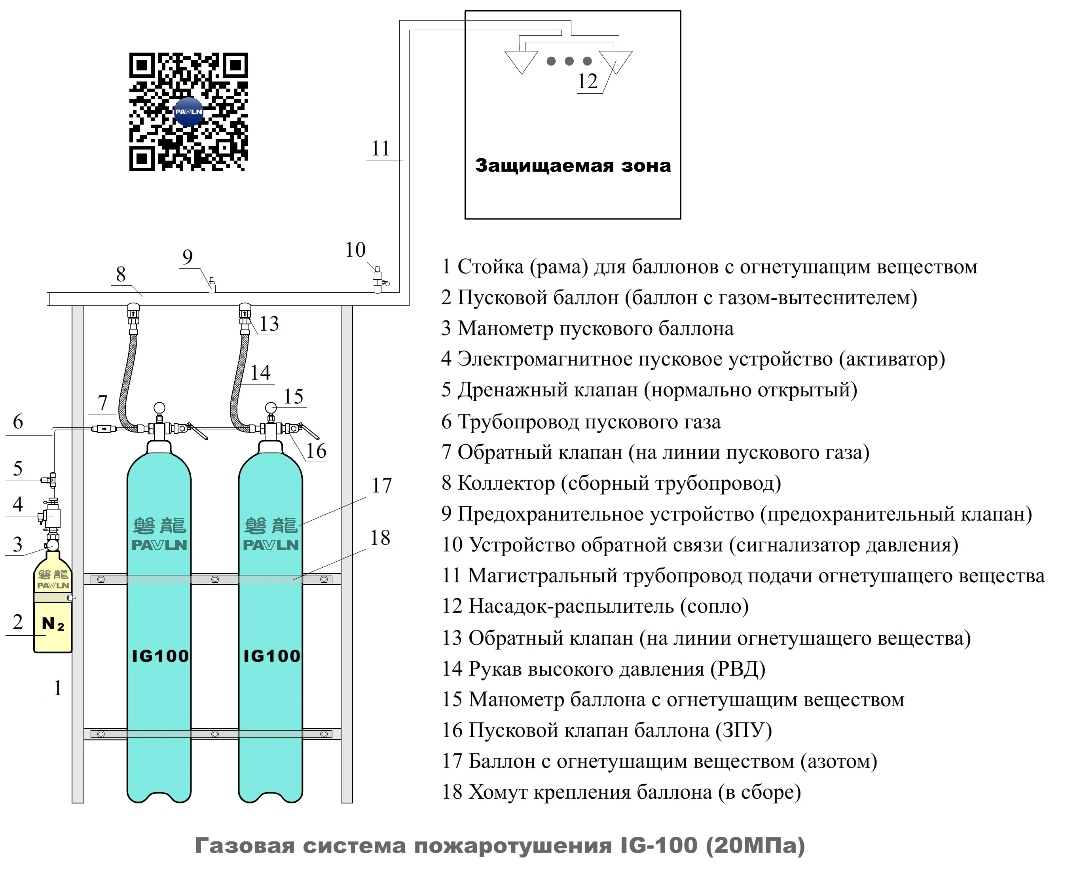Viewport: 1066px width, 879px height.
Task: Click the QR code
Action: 188,112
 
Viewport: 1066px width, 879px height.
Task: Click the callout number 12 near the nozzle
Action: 588,81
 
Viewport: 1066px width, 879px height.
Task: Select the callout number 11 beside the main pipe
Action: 380,148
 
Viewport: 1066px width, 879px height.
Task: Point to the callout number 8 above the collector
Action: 121,275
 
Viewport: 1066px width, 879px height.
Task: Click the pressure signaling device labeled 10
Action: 378,280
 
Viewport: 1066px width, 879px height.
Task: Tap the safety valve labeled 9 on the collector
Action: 212,285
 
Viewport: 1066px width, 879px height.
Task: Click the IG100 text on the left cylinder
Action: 159,656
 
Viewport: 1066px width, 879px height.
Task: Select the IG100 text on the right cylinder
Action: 271,656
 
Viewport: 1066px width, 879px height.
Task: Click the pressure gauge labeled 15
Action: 271,407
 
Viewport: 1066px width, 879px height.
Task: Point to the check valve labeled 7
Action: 103,429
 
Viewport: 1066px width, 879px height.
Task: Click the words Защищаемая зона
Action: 573,166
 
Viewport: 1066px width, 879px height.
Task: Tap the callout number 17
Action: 382,485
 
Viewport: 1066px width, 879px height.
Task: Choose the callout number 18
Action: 380,538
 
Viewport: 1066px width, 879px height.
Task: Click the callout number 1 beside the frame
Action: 58,688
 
